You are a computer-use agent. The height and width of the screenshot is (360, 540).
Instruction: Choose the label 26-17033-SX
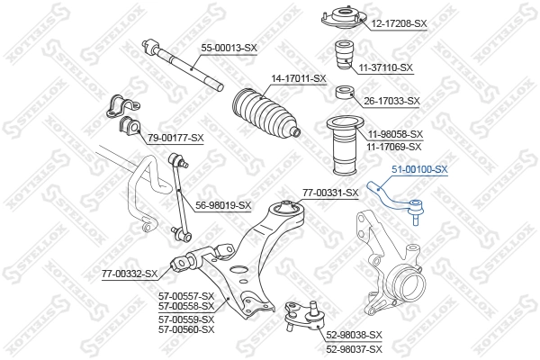392,101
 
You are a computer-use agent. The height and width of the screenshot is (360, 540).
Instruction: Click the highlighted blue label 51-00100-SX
420,168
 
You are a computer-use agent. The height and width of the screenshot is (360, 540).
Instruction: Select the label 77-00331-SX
329,191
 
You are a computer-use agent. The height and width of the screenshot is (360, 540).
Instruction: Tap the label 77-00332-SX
129,273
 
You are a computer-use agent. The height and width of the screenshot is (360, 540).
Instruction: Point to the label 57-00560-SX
186,329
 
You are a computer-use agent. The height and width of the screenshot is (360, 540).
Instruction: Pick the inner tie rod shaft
184,66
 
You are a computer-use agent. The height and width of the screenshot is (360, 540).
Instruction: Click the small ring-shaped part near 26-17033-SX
343,93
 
